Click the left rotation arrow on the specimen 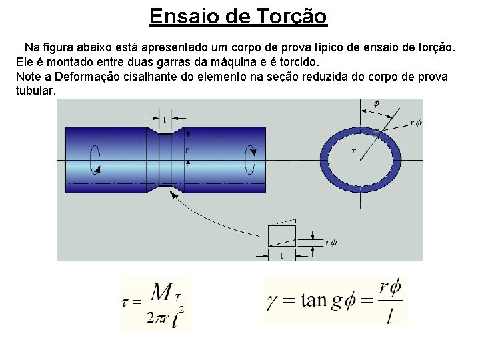[96, 159]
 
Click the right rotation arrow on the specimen [251, 159]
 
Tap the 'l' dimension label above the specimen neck [165, 120]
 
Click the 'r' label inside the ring [354, 151]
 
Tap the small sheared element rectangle [280, 235]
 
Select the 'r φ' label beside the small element [330, 243]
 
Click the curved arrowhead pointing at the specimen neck [175, 195]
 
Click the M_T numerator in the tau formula [164, 292]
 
